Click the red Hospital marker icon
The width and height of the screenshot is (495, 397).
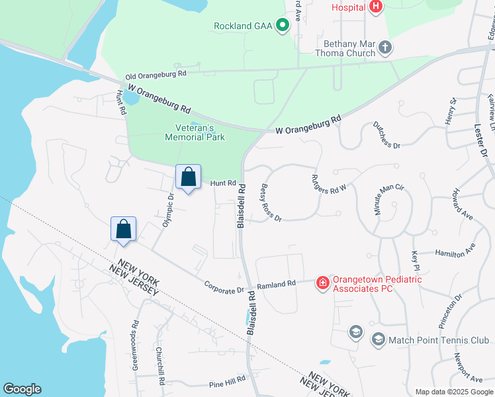coord(376,7)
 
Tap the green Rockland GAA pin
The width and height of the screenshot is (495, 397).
coord(283,26)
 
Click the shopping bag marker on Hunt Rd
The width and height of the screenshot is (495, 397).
coord(188,177)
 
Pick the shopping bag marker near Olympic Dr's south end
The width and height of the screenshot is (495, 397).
coord(123,230)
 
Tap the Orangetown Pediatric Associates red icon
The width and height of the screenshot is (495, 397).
coord(323,283)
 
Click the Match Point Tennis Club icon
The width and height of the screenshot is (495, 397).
coord(378,340)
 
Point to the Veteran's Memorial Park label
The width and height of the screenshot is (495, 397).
coord(195,132)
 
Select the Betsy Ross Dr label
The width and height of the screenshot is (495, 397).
coord(271,202)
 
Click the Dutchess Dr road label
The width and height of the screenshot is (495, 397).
coord(386,135)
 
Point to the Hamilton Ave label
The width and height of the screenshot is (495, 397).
coord(455,251)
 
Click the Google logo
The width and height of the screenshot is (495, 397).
coord(22,389)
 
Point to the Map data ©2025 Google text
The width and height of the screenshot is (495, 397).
coord(454,392)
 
